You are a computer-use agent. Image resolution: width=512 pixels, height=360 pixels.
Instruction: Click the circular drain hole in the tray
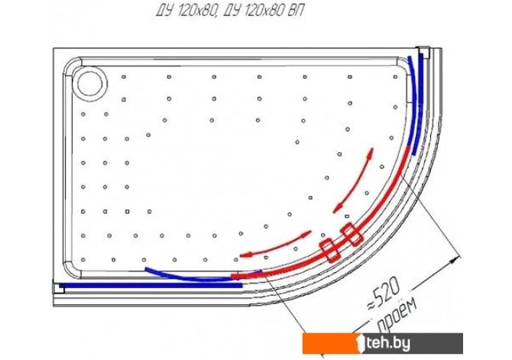tap(92, 83)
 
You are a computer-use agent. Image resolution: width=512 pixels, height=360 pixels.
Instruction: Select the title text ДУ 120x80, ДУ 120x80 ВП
tap(229, 11)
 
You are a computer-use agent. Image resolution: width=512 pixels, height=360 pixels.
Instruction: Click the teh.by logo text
tap(387, 343)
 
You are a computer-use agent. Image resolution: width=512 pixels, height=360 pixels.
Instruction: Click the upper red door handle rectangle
tap(352, 235)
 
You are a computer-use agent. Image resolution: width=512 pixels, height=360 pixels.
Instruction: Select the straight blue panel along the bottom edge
tap(151, 285)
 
